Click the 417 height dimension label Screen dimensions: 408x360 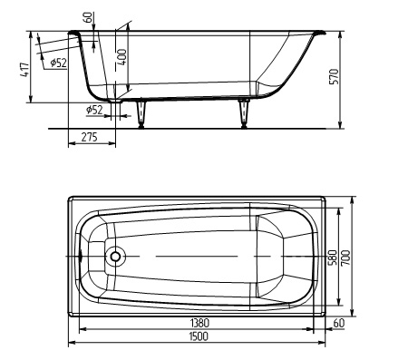25,70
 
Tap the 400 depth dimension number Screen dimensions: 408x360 121,57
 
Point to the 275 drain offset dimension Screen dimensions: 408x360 90,137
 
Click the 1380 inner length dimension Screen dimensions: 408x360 199,323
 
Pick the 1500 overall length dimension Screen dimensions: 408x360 199,336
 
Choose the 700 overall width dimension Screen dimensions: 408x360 345,258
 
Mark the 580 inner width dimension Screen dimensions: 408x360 332,258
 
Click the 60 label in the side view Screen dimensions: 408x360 89,17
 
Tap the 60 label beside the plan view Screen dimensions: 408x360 339,323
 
